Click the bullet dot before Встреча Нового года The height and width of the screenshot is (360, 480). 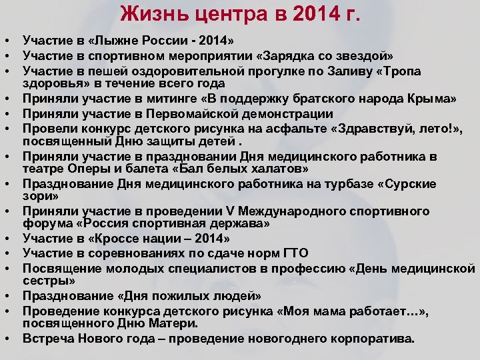click(x=6, y=338)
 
